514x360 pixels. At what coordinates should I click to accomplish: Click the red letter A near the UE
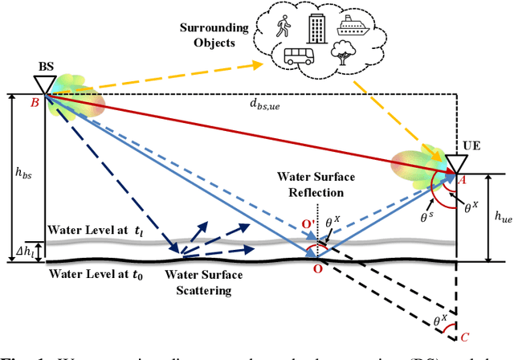pos(462,182)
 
